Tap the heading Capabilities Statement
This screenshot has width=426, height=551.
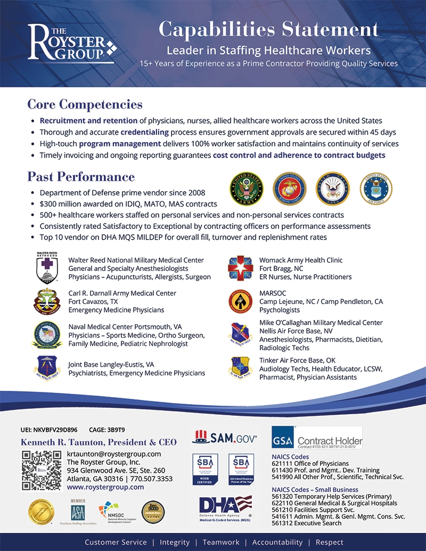(268, 29)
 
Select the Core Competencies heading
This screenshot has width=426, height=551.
(85, 104)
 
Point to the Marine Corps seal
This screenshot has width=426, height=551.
(290, 188)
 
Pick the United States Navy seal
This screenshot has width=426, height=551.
(332, 188)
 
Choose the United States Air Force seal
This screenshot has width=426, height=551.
(375, 188)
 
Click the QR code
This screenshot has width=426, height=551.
(42, 470)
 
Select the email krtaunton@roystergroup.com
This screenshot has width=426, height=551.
(113, 454)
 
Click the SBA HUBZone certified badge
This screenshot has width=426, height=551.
(204, 468)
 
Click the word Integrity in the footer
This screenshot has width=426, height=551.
(175, 542)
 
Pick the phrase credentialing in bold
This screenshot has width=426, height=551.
(144, 132)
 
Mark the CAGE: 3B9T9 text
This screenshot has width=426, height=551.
(107, 430)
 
